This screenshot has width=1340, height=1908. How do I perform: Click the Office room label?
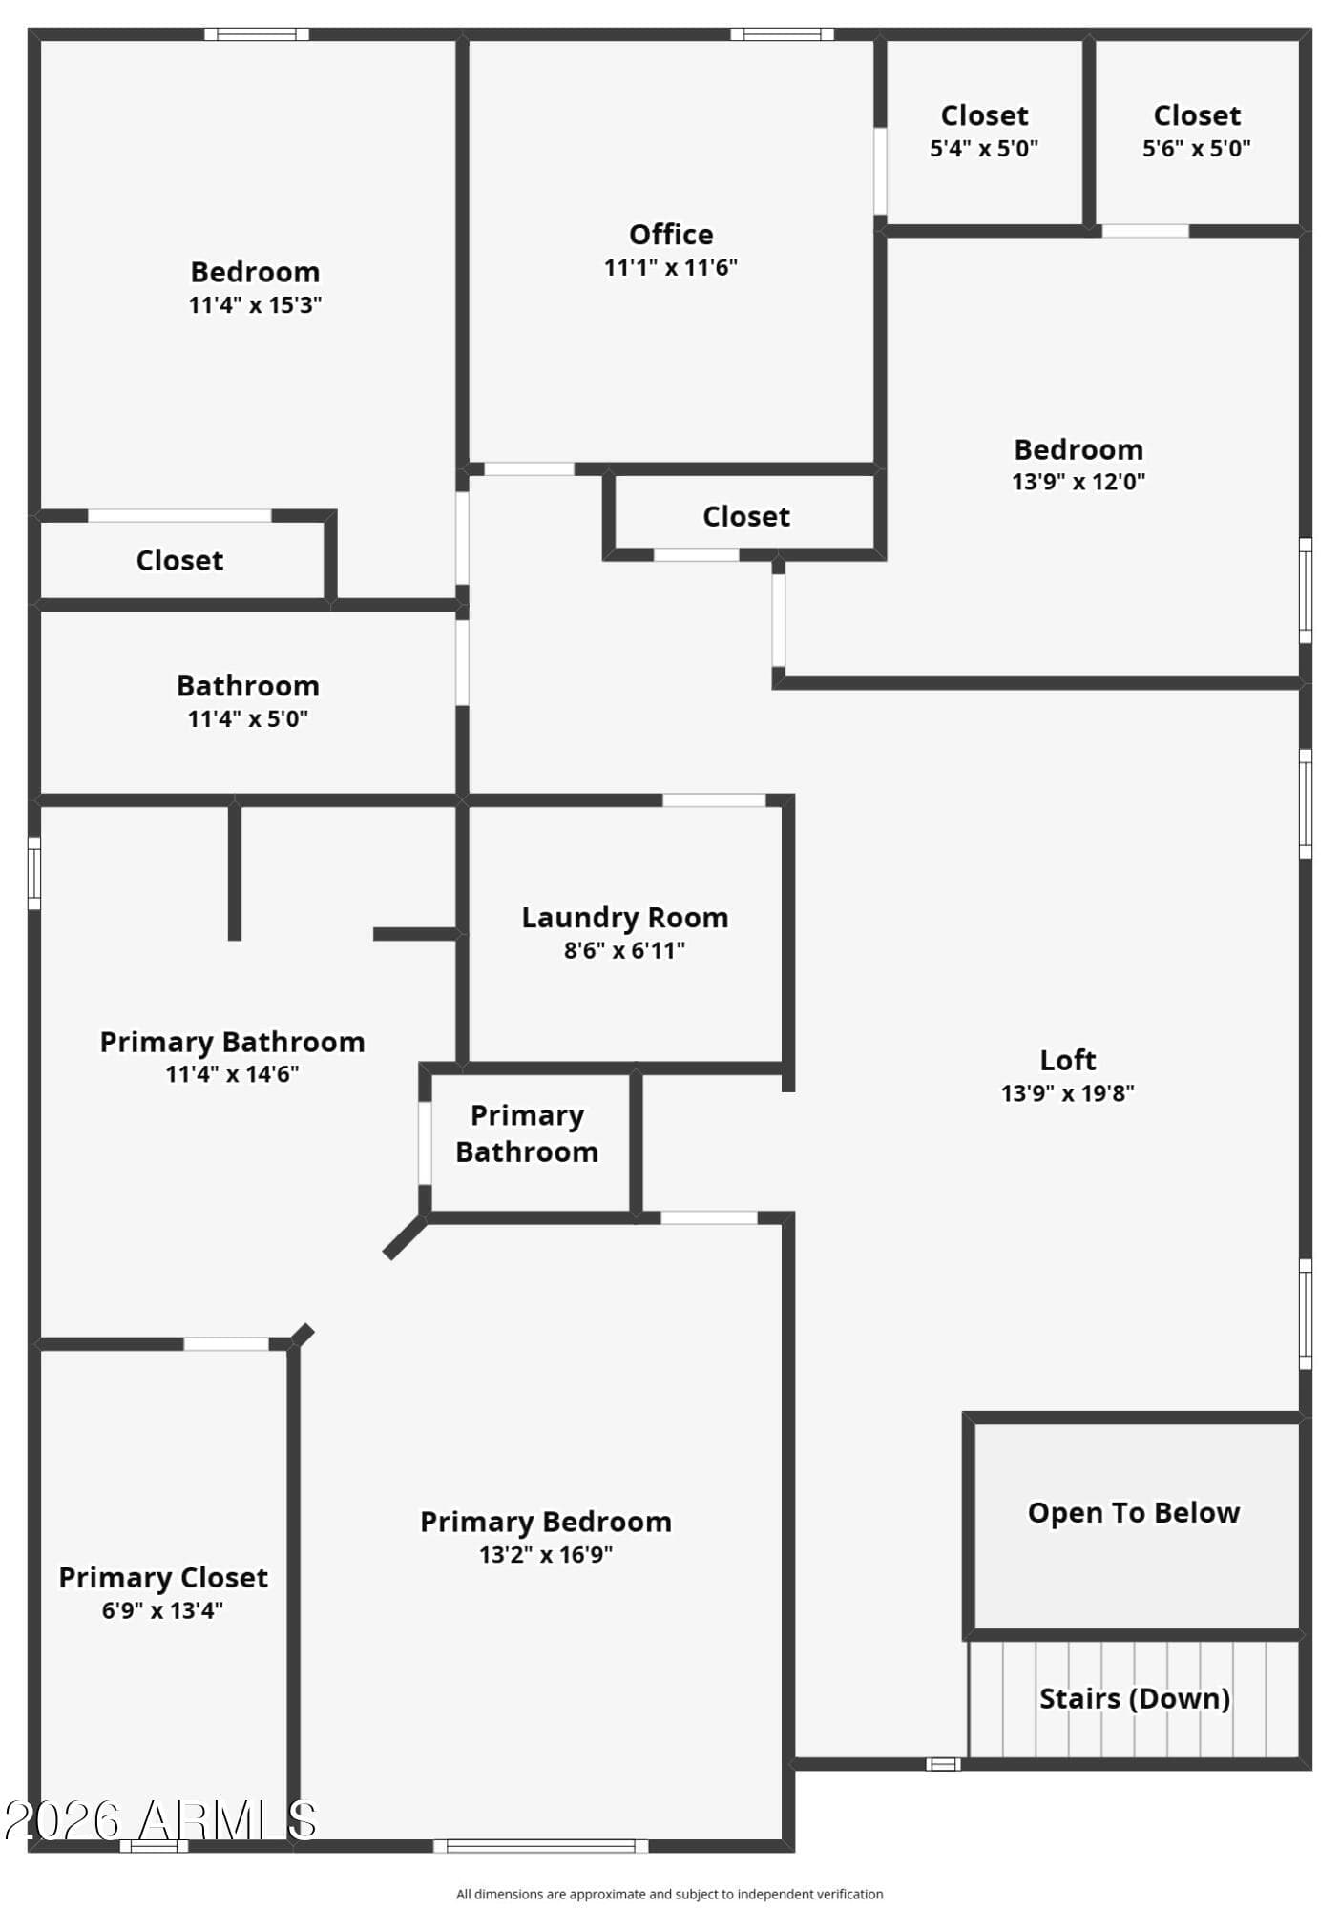point(670,234)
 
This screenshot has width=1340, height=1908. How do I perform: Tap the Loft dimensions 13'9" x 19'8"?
point(1067,1093)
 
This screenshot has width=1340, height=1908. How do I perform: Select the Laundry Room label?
point(624,918)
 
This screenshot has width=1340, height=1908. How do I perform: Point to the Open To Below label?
point(1134,1513)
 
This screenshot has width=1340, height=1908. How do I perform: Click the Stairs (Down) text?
point(1134,1699)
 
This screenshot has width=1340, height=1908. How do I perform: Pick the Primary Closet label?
point(163,1578)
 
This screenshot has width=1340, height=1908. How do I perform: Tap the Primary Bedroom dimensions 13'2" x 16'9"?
point(546,1555)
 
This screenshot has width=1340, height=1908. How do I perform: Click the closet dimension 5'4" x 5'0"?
point(984,149)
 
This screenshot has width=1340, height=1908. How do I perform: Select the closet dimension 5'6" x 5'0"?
point(1197,149)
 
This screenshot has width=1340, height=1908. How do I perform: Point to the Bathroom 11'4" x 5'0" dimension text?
point(248,719)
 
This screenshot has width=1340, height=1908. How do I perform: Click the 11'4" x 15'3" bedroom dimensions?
point(255,305)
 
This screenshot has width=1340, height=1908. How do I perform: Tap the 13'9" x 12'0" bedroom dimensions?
point(1078,482)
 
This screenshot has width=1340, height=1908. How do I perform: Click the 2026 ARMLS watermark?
point(160,1821)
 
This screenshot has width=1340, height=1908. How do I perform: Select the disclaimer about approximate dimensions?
point(670,1895)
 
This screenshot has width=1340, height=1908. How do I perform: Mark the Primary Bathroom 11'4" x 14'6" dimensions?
point(232,1074)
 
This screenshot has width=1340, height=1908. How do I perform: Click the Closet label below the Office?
point(746,517)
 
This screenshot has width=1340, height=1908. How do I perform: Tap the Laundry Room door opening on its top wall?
point(714,800)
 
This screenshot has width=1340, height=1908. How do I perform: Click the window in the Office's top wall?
point(783,34)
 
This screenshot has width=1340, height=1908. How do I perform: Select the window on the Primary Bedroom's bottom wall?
point(541,1846)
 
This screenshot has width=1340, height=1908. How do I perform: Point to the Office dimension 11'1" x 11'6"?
point(670,268)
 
